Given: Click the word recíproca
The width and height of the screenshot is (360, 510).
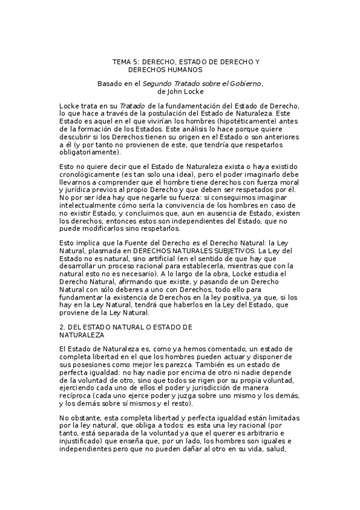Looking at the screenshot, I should tap(80, 398).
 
